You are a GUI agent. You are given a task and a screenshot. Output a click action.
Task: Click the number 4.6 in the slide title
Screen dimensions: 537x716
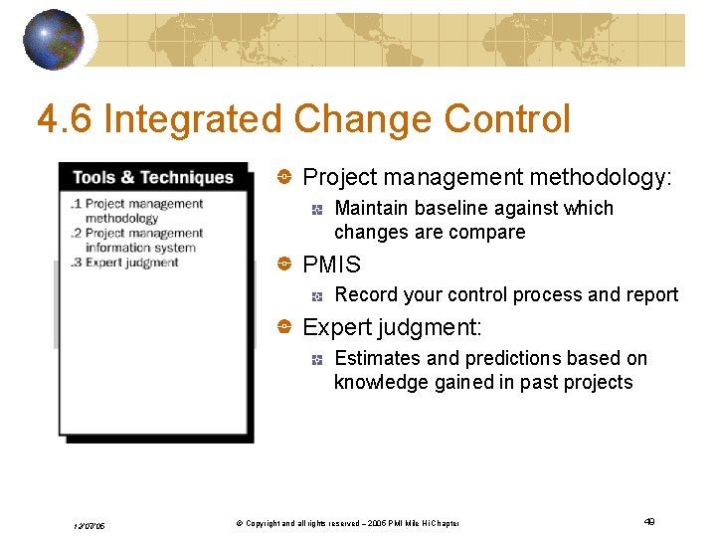coord(66,119)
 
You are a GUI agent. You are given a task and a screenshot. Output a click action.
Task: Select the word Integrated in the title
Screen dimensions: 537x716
coord(193,119)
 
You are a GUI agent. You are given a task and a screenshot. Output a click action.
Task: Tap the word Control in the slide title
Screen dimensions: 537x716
coord(507,119)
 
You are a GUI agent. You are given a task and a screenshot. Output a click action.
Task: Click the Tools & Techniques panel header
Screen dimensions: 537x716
coord(152,177)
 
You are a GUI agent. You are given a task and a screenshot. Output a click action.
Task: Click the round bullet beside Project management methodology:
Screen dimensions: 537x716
coord(283,178)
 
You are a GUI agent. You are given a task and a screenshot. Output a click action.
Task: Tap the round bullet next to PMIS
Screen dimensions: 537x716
coord(283,265)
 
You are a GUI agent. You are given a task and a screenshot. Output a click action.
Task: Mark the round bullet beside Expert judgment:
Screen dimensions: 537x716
coord(283,327)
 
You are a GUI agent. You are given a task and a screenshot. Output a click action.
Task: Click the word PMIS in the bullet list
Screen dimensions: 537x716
coord(331,265)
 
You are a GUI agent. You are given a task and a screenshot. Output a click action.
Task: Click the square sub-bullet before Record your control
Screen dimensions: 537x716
coord(315,295)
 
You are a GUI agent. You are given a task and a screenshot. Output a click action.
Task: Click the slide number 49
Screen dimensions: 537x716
coord(649,521)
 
